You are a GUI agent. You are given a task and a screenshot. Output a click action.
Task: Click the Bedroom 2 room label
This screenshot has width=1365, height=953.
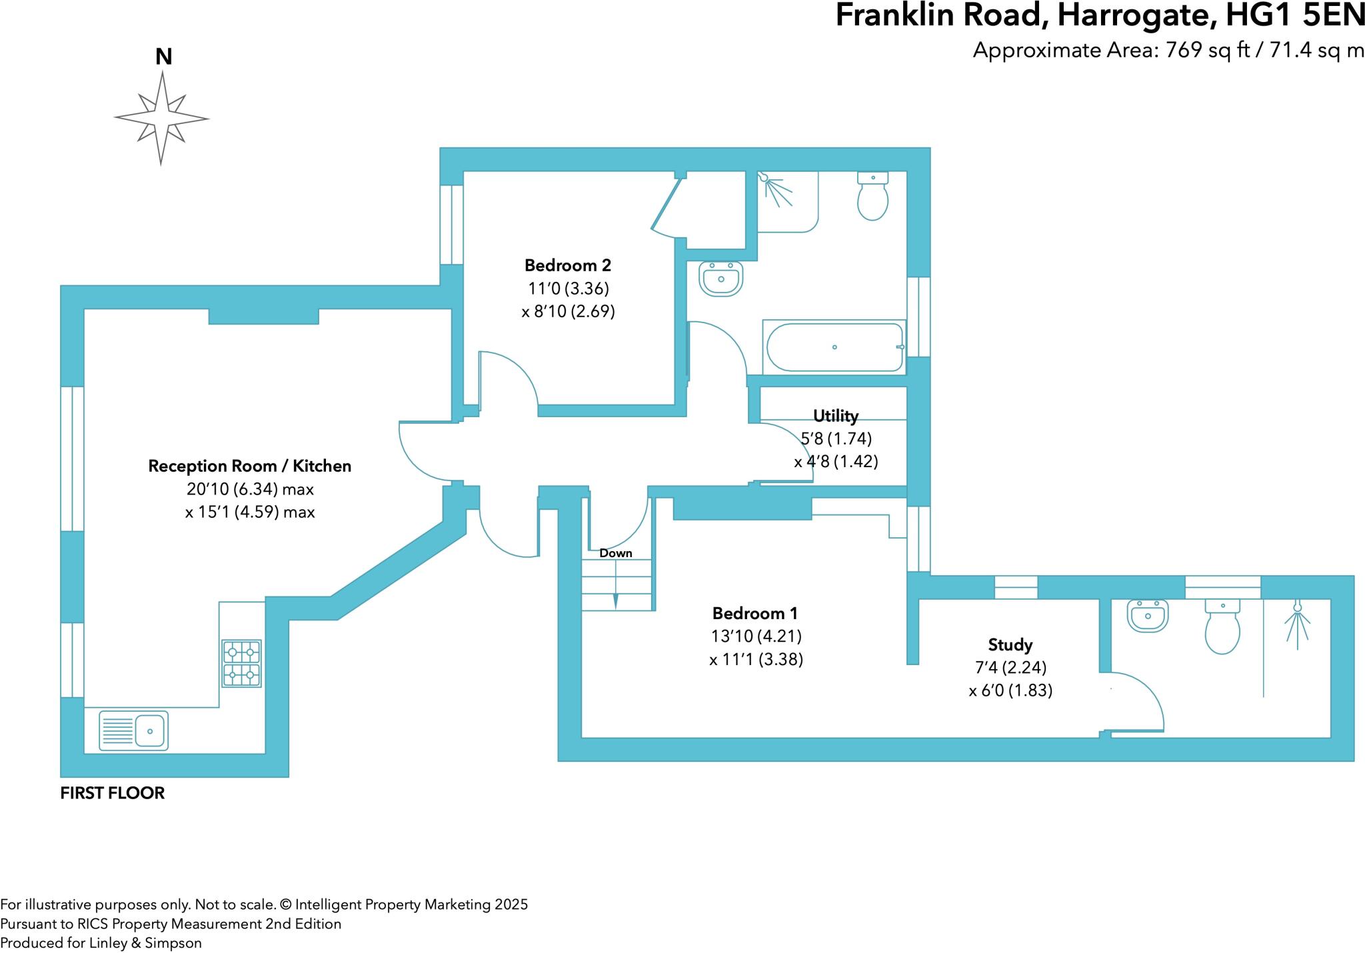tap(567, 265)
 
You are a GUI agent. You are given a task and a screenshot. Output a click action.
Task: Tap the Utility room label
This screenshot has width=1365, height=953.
tap(835, 416)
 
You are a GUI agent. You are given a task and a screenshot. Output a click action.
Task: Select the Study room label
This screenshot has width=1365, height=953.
tap(1010, 644)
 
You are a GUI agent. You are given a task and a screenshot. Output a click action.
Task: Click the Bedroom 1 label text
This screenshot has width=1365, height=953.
tap(754, 613)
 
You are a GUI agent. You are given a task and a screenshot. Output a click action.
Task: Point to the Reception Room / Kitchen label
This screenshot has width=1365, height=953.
tap(249, 466)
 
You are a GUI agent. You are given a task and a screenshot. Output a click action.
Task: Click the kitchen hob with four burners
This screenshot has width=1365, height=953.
tap(241, 663)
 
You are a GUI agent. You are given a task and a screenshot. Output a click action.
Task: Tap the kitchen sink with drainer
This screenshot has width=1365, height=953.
tap(133, 730)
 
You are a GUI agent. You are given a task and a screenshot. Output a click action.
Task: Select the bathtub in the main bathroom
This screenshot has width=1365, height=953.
tap(834, 347)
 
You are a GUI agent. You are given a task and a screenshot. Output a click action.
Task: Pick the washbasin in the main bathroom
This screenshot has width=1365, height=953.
tap(720, 279)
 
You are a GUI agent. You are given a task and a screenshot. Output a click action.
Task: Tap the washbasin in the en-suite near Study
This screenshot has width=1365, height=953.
tap(1148, 615)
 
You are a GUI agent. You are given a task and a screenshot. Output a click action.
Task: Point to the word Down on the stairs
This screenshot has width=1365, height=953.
tap(615, 553)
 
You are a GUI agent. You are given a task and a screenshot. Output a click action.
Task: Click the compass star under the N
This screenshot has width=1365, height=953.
tap(161, 119)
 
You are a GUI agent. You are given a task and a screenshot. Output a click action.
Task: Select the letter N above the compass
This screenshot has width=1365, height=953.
tap(163, 57)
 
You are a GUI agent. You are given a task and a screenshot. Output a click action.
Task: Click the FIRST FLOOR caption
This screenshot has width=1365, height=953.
tap(112, 793)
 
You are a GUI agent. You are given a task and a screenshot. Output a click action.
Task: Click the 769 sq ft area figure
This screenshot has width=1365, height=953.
tap(1207, 51)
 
